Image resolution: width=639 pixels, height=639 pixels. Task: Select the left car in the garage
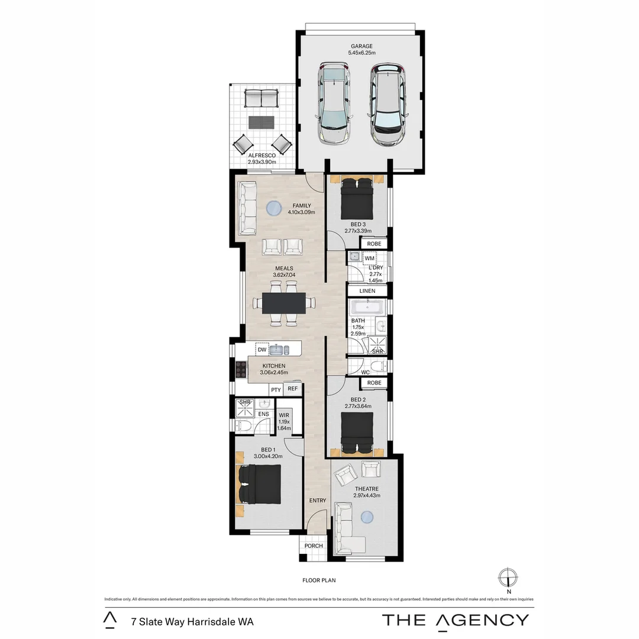point(334,104)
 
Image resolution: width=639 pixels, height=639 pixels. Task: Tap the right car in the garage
point(388,105)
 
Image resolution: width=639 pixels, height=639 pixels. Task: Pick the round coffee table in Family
point(273,209)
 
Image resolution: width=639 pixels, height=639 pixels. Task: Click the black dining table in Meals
point(284,303)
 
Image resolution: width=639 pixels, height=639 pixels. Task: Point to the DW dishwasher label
point(262,350)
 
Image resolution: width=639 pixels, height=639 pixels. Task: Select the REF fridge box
point(292,389)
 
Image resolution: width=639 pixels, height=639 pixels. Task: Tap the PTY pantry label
point(275,389)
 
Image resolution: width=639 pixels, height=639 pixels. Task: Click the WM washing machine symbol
point(370,259)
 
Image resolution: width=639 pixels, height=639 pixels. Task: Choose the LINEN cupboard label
point(367,291)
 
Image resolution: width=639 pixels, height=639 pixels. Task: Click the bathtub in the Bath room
point(367,307)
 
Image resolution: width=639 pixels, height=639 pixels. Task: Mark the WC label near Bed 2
point(365,372)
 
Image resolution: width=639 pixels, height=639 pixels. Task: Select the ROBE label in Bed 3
point(374,244)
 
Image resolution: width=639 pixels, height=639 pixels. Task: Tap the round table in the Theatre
point(367,518)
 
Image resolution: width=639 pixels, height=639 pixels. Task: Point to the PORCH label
point(314,546)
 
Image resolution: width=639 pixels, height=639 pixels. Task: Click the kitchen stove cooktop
point(241,369)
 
